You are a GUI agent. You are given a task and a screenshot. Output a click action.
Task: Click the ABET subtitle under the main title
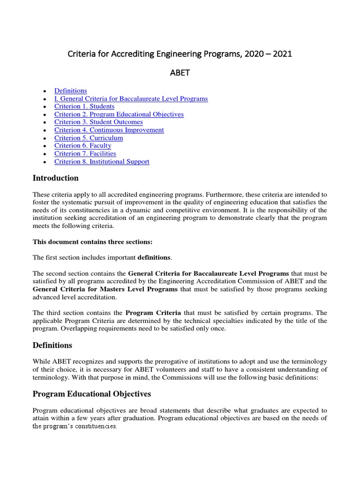[x=180, y=73]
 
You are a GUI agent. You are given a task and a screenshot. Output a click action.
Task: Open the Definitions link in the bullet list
[x=70, y=91]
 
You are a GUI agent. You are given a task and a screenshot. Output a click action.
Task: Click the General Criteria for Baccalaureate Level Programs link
[x=131, y=99]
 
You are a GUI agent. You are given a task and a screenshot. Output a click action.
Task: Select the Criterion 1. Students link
[x=84, y=106]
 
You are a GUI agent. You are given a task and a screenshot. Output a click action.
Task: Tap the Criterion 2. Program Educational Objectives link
[x=119, y=114]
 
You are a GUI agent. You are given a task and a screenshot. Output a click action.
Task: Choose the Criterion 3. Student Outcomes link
[x=98, y=122]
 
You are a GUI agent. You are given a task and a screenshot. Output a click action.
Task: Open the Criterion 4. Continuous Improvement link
[x=109, y=130]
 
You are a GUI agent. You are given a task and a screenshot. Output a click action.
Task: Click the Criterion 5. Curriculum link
[x=89, y=138]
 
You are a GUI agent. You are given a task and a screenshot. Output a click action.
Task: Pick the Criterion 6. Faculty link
[x=83, y=146]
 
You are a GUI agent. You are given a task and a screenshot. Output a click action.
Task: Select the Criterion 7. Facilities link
[x=85, y=153]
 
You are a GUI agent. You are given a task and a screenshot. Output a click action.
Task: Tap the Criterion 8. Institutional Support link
[x=102, y=161]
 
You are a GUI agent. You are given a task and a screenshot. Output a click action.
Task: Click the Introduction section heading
[x=55, y=178]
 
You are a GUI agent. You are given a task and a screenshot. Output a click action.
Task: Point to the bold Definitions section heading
[x=52, y=345]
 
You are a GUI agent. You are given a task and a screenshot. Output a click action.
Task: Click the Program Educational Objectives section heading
[x=91, y=394]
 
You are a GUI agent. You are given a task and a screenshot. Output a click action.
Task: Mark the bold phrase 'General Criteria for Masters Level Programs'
[x=105, y=289]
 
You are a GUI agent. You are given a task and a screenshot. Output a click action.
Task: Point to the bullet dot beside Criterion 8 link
[x=44, y=162]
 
